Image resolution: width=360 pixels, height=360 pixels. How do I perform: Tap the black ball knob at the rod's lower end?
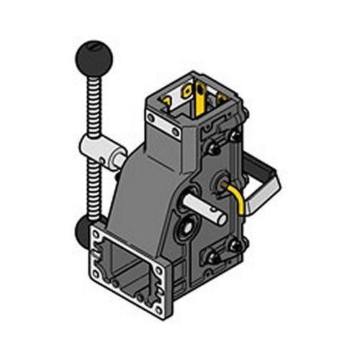tap(82, 232)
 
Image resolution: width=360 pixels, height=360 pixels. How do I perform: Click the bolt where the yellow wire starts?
tap(221, 180)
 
